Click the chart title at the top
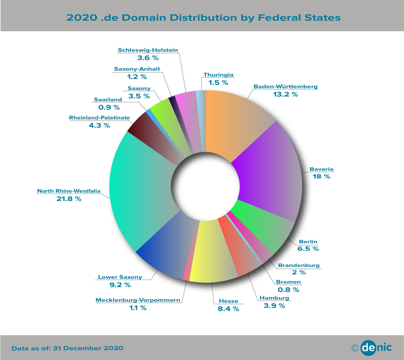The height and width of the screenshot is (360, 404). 203,17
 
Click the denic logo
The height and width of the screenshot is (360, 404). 371,348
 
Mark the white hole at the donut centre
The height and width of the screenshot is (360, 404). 205,185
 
